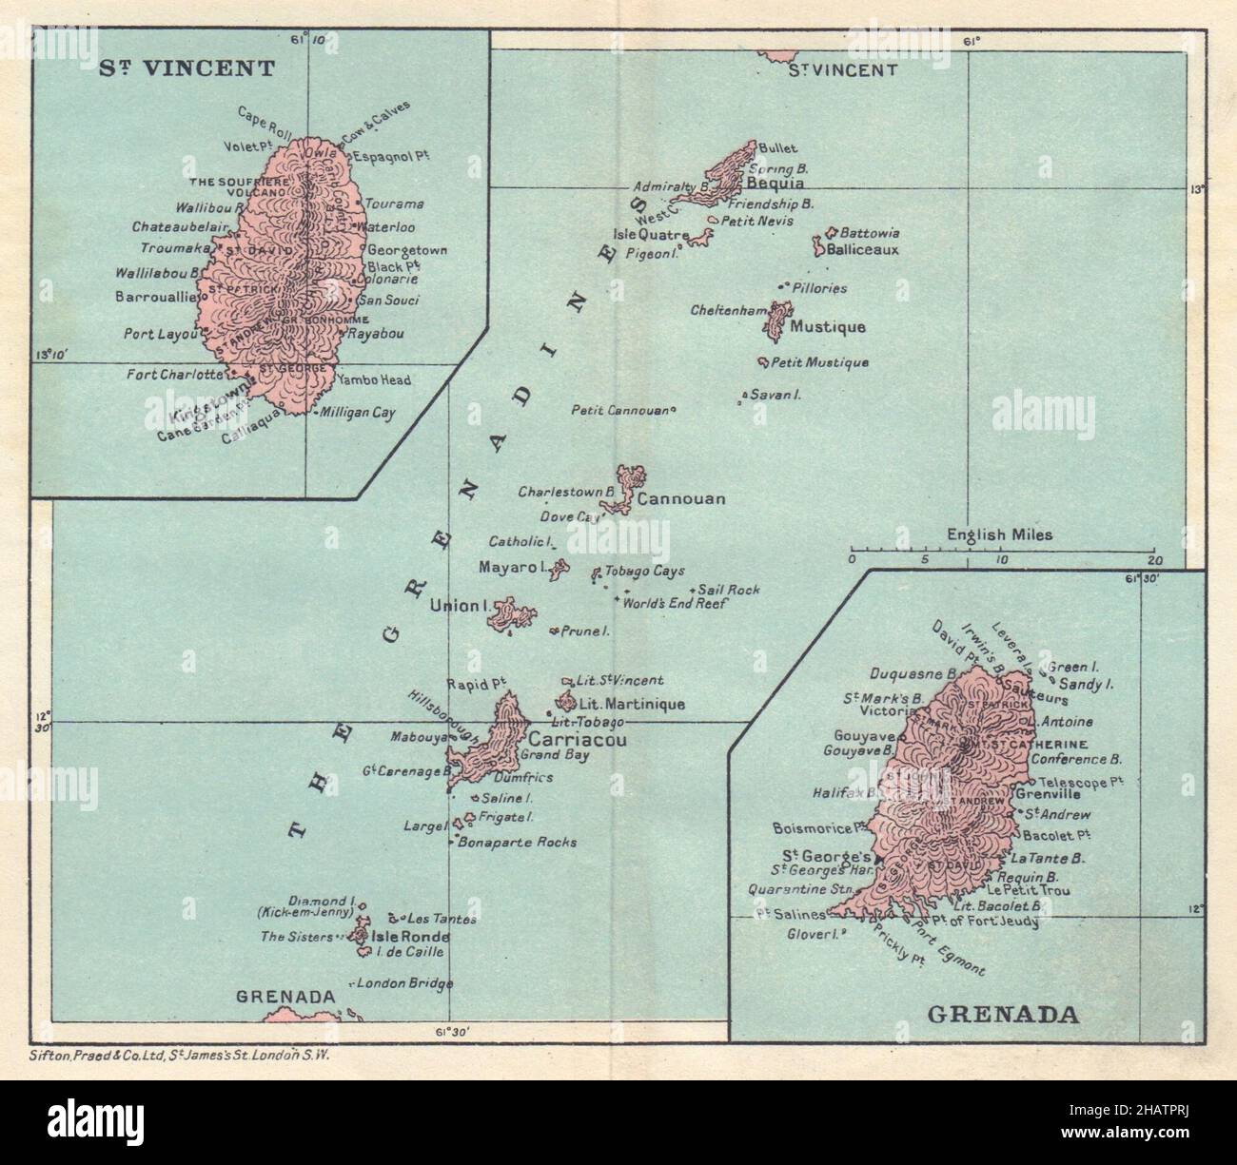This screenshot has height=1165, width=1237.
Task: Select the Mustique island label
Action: click(828, 328)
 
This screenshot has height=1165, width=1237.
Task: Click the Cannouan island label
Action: click(682, 498)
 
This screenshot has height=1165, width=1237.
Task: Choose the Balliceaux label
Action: click(862, 250)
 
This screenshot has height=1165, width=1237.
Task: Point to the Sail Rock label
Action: click(730, 591)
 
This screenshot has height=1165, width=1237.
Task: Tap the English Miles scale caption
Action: click(999, 534)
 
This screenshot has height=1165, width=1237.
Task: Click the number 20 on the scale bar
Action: click(1155, 560)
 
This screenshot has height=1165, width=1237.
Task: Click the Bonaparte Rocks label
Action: click(518, 843)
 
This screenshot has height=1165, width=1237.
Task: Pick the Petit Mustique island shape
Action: click(763, 361)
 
